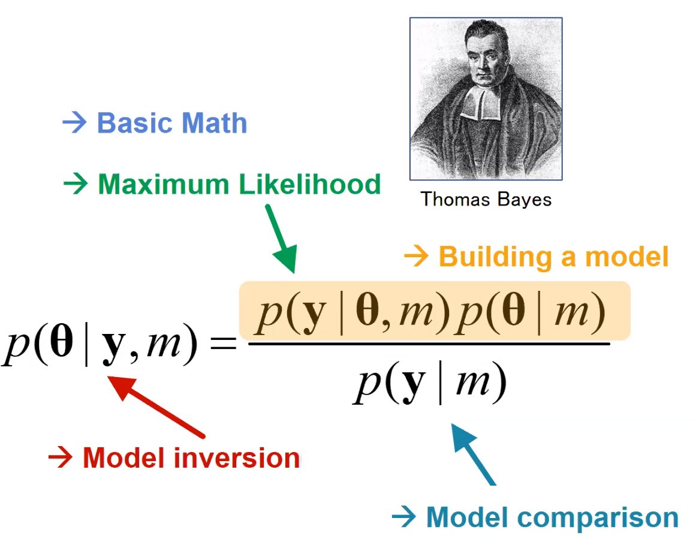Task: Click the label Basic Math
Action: (171, 124)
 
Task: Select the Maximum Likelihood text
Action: (239, 184)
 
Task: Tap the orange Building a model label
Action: (553, 257)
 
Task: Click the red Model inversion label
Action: (191, 458)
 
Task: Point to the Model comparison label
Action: (552, 517)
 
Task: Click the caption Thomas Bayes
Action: (486, 199)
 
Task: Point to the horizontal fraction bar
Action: (429, 343)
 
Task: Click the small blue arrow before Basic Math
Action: (75, 124)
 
